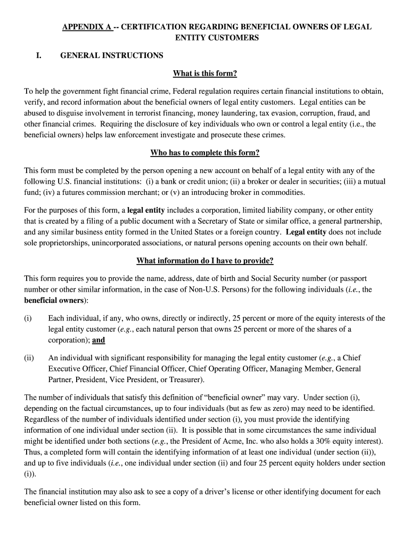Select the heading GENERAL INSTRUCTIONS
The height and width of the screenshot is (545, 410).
[112, 55]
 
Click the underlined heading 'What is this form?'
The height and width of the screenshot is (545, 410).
[205, 73]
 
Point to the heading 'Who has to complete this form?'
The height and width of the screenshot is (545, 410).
[205, 153]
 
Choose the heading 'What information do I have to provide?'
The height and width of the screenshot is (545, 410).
[205, 261]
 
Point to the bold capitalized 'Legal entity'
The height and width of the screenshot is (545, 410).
[306, 232]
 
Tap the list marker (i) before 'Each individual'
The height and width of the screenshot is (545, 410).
[28, 318]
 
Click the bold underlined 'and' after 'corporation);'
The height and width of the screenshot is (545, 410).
[99, 341]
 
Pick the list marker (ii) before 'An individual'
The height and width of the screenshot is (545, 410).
[29, 358]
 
